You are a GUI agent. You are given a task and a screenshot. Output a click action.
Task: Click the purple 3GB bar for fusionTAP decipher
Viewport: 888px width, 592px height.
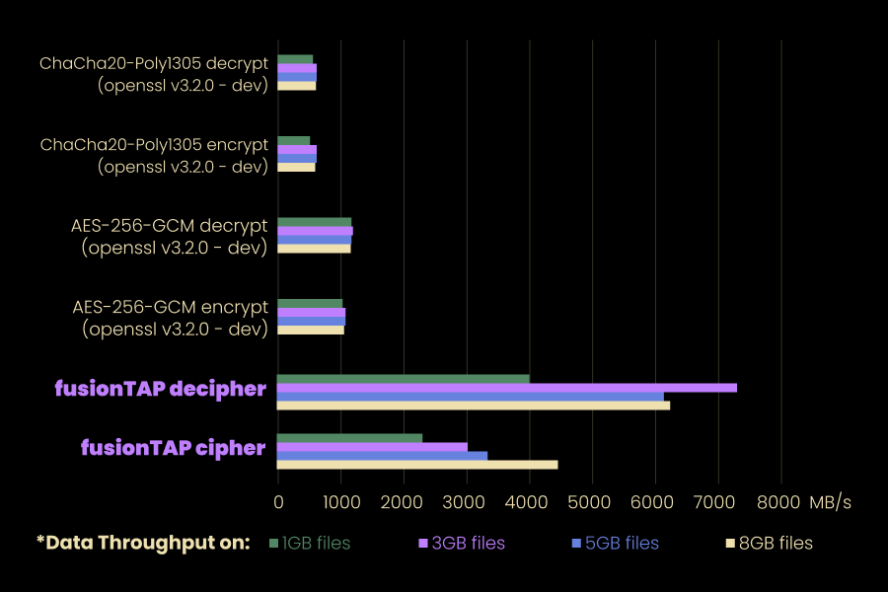(506, 388)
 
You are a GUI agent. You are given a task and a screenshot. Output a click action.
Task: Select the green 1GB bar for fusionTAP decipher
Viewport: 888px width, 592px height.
(403, 379)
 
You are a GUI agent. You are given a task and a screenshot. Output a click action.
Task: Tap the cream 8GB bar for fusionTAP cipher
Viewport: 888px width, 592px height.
(416, 465)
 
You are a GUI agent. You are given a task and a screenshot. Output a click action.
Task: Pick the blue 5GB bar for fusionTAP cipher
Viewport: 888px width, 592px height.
(382, 456)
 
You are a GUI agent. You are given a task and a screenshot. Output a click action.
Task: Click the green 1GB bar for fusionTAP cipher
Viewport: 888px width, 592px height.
(349, 438)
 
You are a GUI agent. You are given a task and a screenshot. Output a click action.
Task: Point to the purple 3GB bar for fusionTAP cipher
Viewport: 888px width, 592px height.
(372, 447)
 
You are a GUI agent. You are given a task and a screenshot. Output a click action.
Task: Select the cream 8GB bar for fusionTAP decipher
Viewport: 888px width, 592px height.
(473, 405)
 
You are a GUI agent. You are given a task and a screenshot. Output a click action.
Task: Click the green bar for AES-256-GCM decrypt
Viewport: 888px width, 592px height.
(314, 222)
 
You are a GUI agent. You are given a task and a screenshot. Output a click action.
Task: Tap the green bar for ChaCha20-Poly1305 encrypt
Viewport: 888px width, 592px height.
(293, 141)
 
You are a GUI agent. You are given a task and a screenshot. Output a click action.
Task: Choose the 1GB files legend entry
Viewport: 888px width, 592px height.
(310, 543)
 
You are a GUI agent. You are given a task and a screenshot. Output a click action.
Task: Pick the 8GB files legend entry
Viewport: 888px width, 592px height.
(769, 543)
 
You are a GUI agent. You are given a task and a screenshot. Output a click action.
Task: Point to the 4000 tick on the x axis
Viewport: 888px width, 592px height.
(530, 502)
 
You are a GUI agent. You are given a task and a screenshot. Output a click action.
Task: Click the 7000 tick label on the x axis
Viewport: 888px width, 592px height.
(718, 502)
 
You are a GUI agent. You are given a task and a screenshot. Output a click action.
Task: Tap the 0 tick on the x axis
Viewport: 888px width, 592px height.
(278, 502)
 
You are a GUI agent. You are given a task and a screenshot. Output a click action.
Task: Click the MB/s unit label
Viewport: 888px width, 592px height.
(830, 502)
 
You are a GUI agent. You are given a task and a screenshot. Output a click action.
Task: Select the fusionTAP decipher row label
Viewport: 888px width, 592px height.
(160, 389)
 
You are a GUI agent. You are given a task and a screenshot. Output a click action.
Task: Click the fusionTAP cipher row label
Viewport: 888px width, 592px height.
(173, 448)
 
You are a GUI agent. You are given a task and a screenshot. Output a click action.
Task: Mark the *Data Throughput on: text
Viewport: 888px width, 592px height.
(142, 543)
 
